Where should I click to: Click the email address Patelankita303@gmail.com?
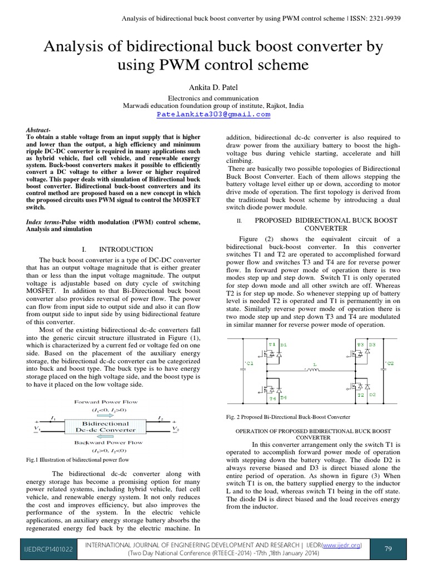click(213, 114)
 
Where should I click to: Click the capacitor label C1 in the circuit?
click(249, 363)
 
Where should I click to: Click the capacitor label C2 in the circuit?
click(389, 363)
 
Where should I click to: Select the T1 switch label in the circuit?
click(272, 345)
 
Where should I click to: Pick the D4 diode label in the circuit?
click(283, 397)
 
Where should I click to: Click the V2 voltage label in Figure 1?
click(176, 430)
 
